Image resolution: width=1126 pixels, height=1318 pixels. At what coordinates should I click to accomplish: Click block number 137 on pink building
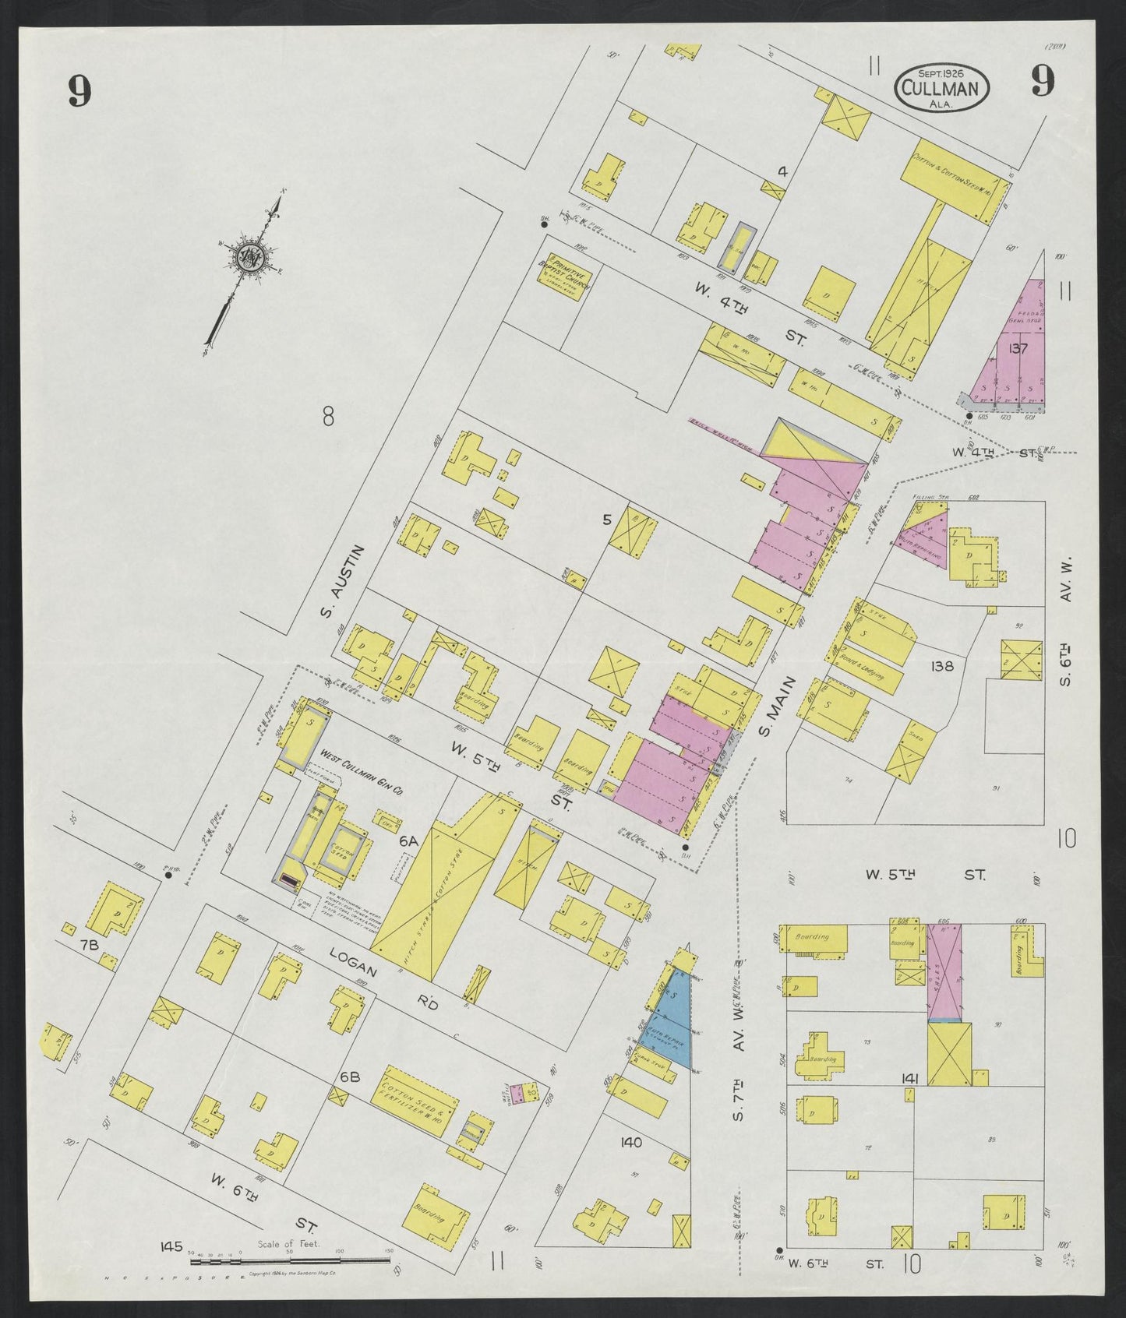coord(1018,348)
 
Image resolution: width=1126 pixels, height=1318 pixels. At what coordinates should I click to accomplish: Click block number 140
coord(630,1142)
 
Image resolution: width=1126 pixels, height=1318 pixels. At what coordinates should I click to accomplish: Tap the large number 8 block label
coord(328,418)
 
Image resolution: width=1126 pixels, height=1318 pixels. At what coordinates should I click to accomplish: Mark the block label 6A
coord(408,841)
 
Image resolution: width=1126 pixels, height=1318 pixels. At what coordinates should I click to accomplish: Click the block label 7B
coord(89,945)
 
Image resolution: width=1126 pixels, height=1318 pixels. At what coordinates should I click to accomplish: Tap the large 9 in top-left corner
coord(79,91)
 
